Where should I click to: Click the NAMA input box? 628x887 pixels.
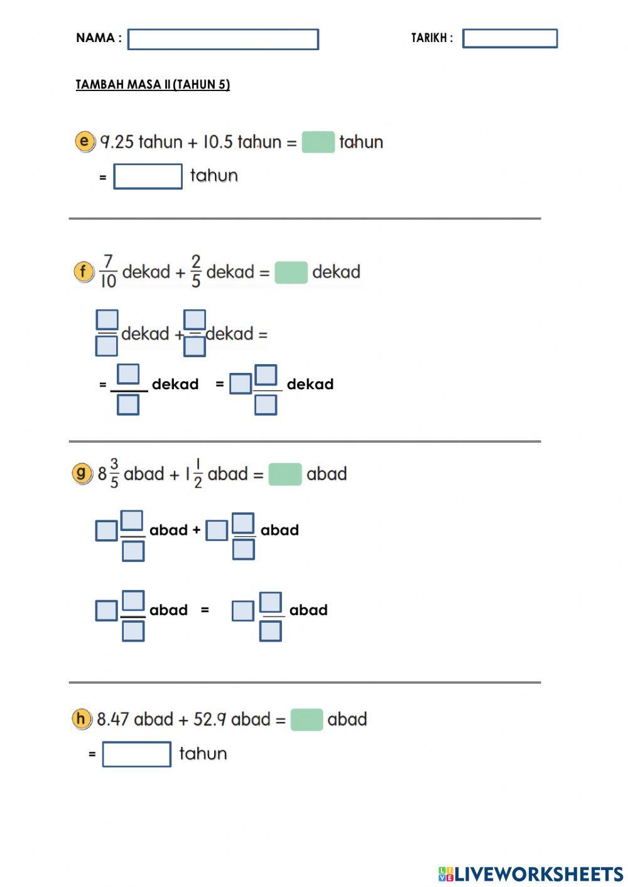(223, 39)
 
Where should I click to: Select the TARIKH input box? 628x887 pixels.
(509, 38)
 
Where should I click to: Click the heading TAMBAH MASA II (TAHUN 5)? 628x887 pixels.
(153, 85)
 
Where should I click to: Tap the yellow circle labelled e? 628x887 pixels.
(85, 141)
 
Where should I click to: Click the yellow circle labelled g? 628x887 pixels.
(82, 473)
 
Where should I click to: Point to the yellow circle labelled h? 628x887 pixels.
(82, 719)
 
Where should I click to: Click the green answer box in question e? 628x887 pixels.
(318, 142)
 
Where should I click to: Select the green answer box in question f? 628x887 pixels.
(291, 272)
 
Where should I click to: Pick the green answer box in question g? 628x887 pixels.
(285, 474)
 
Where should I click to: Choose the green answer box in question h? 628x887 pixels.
(306, 719)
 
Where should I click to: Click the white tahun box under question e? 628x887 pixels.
(148, 176)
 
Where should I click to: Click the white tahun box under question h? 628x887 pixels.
(136, 754)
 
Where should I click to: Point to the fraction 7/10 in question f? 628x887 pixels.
(108, 271)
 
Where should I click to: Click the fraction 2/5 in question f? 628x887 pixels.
(196, 271)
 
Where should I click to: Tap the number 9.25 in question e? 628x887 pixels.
(117, 142)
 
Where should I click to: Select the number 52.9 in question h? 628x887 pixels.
(210, 719)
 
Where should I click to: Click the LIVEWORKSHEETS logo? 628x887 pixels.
(531, 874)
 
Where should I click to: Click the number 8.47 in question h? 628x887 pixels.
(113, 719)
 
